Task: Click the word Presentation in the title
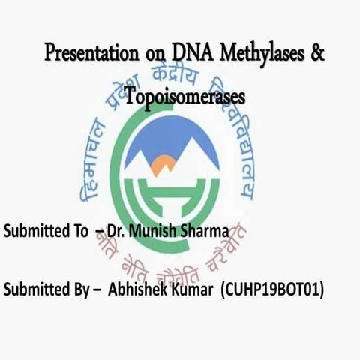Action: pyautogui.click(x=91, y=55)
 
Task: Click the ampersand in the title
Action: pyautogui.click(x=317, y=54)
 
